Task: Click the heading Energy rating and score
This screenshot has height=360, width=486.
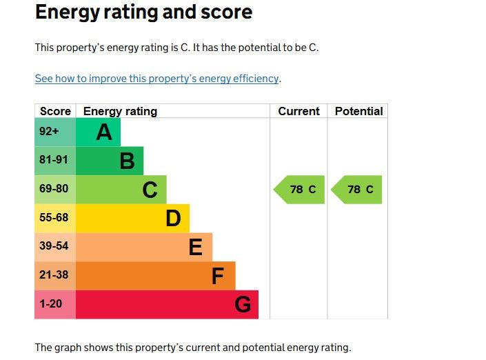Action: click(143, 12)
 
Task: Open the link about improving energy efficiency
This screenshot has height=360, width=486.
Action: click(156, 79)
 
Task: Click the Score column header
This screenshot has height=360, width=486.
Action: click(55, 111)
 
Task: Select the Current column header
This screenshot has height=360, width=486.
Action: click(298, 111)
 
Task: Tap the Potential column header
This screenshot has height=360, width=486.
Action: click(358, 111)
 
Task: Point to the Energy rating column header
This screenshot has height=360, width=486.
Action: click(120, 111)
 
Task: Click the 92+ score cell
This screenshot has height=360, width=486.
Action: click(50, 132)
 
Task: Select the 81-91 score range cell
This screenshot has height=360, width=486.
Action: click(54, 161)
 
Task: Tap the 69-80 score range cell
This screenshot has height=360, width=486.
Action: click(54, 189)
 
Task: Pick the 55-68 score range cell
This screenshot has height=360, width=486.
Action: click(54, 218)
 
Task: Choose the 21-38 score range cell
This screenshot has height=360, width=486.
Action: click(54, 275)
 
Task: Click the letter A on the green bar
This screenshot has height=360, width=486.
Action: click(104, 132)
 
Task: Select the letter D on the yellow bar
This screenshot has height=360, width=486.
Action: click(173, 219)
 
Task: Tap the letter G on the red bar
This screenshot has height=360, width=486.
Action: click(243, 304)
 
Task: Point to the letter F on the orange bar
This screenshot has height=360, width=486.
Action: click(218, 276)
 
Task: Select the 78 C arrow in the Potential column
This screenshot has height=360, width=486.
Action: click(358, 190)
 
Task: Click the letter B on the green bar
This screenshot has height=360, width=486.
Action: click(127, 161)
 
